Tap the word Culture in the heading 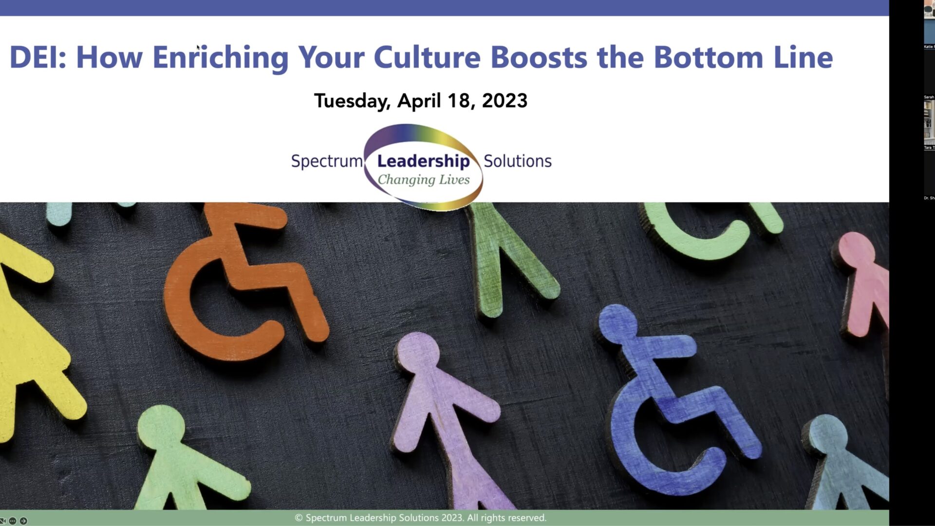point(427,57)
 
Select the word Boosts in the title point(539,57)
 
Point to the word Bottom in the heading point(708,57)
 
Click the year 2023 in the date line point(504,101)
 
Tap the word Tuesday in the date point(352,101)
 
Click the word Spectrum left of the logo point(326,161)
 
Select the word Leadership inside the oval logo point(423,161)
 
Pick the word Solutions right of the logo point(517,161)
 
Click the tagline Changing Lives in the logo point(424,180)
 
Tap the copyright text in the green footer point(421,518)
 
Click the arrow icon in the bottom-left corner point(23,521)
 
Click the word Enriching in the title point(221,57)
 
